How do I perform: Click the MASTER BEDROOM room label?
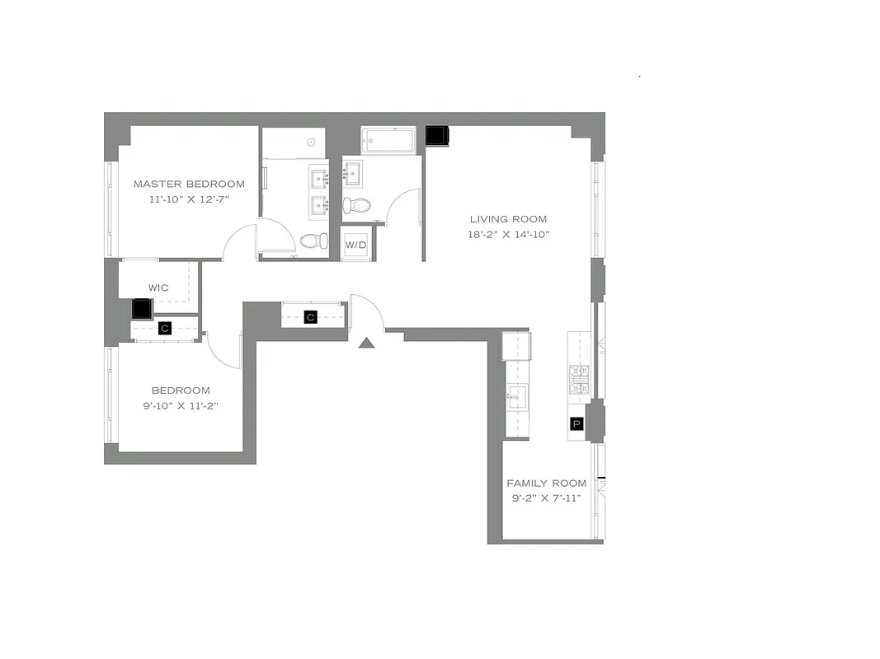(189, 184)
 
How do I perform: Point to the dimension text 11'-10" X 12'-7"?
(189, 199)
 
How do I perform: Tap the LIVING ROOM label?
(508, 219)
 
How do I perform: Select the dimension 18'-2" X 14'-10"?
(509, 235)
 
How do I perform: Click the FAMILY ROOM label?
(546, 484)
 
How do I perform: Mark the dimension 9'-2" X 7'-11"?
(546, 498)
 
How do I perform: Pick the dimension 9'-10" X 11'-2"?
(180, 405)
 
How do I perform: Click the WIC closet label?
(158, 287)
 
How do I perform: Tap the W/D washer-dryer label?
(355, 245)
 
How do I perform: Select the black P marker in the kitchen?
(576, 424)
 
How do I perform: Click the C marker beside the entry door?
(311, 316)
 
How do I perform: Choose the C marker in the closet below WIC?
(165, 328)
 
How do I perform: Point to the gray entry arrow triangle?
(368, 342)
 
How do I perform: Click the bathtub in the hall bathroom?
(388, 139)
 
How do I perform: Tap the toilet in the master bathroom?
(310, 241)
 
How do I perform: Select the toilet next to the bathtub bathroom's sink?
(357, 204)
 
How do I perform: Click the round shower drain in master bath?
(312, 142)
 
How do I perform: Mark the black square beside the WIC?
(143, 309)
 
